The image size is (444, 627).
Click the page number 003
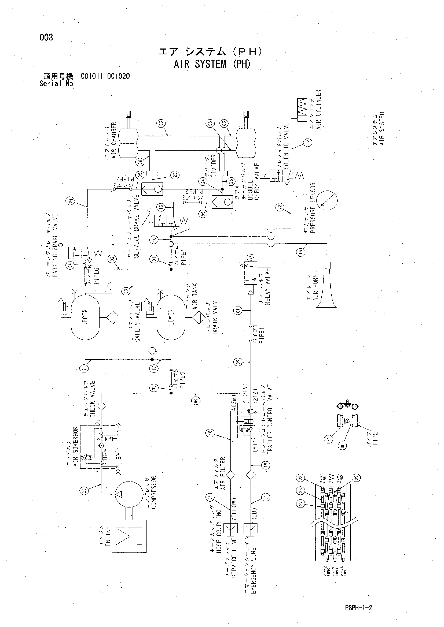pyautogui.click(x=46, y=37)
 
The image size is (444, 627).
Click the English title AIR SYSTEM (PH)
pyautogui.click(x=212, y=64)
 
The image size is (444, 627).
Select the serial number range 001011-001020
pyautogui.click(x=105, y=76)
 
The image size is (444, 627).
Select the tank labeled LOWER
pyautogui.click(x=171, y=318)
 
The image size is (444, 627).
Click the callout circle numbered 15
pyautogui.click(x=300, y=252)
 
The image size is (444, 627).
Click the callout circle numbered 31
pyautogui.click(x=329, y=439)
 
